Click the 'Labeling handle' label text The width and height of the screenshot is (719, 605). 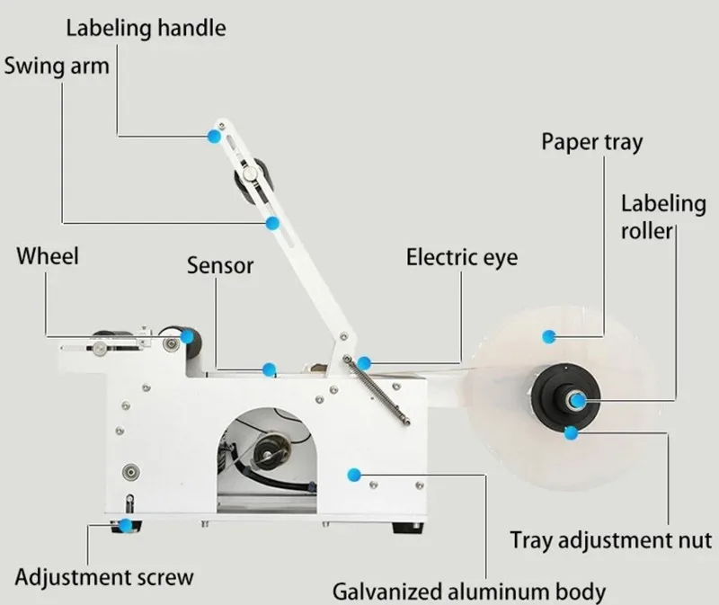(x=146, y=28)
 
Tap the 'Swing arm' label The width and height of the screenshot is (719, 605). (x=57, y=67)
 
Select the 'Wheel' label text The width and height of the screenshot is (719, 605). (x=48, y=256)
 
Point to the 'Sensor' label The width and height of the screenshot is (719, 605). (x=220, y=266)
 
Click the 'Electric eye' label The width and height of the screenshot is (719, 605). (x=462, y=258)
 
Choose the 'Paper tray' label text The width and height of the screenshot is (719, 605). (x=591, y=142)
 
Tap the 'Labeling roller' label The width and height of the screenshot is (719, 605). (x=663, y=216)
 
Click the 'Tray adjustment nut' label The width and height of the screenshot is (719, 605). (x=610, y=540)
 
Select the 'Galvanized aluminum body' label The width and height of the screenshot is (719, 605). (x=469, y=592)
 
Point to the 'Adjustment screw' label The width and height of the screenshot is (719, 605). (x=104, y=575)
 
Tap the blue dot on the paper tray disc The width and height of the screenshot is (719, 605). (x=547, y=335)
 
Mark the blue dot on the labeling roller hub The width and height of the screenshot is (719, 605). (x=578, y=400)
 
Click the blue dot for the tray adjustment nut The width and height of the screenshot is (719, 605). (x=570, y=433)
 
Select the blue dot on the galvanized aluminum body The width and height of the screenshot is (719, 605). (x=354, y=473)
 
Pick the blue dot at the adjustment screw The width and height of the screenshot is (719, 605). (x=127, y=523)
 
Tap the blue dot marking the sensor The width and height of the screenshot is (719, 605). (x=267, y=368)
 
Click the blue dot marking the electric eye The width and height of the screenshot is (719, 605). (x=363, y=363)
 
